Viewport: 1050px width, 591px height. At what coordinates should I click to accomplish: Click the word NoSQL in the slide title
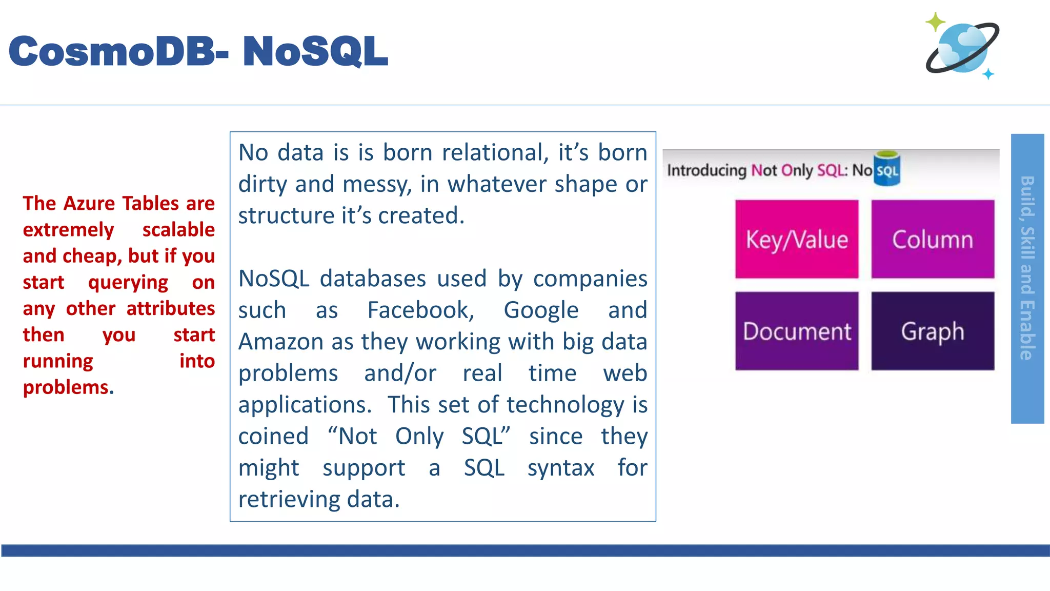pos(315,51)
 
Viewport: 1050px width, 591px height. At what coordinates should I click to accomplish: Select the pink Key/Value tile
pos(797,240)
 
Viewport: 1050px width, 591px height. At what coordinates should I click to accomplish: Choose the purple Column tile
pos(933,240)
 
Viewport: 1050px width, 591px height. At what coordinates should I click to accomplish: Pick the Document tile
pos(797,331)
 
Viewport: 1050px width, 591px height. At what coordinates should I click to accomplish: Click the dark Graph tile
pos(933,331)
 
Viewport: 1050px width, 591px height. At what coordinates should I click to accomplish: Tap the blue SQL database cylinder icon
pos(887,168)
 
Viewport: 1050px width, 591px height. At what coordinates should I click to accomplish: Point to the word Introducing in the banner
pos(706,170)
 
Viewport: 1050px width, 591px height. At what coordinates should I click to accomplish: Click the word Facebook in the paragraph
pos(421,310)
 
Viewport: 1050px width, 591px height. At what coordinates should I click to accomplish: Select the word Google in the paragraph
pos(541,310)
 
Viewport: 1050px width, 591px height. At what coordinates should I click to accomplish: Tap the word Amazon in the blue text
pos(281,342)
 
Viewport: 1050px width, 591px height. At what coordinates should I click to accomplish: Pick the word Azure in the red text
pos(90,204)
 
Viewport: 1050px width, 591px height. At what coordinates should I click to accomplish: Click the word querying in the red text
pos(128,283)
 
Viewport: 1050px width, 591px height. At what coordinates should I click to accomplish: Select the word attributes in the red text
pos(170,309)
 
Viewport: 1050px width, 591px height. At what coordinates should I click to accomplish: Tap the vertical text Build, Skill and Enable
pos(1027,268)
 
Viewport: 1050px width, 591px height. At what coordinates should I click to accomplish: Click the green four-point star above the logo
pos(936,22)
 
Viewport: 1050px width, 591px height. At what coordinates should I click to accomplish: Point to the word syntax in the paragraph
pos(561,468)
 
